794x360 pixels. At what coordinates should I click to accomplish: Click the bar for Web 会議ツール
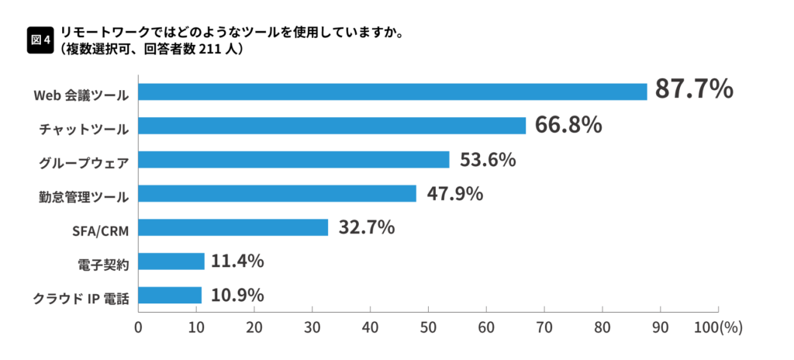[x=392, y=92]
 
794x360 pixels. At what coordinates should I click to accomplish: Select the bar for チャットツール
[x=332, y=126]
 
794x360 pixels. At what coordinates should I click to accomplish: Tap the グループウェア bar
[x=294, y=160]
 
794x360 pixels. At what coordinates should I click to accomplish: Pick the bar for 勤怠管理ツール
[x=277, y=193]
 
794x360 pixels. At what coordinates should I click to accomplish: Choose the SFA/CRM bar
[x=233, y=227]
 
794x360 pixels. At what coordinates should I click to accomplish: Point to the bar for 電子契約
[x=171, y=261]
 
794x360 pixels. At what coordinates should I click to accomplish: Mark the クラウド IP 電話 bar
[x=170, y=296]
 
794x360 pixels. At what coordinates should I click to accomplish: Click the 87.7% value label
[x=694, y=89]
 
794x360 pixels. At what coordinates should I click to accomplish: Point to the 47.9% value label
[x=454, y=194]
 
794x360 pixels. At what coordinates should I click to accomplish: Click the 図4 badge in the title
[x=40, y=39]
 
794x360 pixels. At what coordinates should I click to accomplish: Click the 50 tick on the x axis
[x=428, y=327]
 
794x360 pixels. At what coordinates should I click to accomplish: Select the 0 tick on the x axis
[x=138, y=327]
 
